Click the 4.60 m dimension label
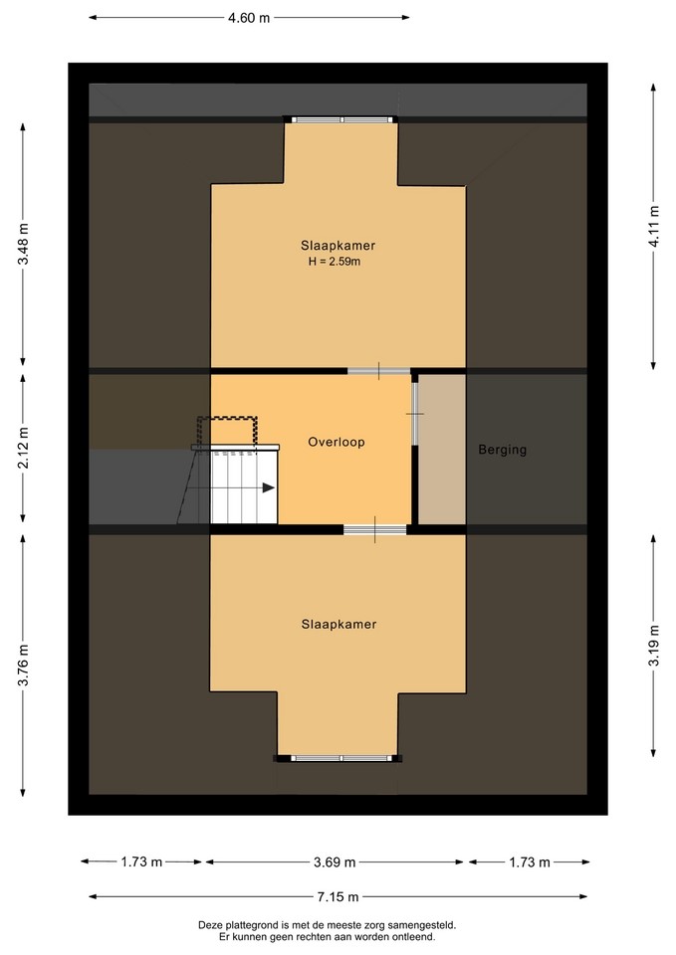(249, 18)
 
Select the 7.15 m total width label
(338, 896)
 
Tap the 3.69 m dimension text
(335, 861)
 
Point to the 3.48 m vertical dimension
(23, 245)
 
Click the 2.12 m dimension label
(23, 448)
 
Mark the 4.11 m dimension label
(654, 226)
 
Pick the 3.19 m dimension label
(654, 646)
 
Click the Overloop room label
(337, 442)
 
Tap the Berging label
(503, 450)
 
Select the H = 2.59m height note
(335, 263)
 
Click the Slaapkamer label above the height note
(338, 246)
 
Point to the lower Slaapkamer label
(338, 625)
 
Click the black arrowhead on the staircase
(268, 487)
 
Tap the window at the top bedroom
(341, 120)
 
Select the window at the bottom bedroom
(341, 758)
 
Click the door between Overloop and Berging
(415, 414)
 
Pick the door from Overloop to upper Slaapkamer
(379, 370)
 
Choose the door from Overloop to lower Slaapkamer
(375, 529)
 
